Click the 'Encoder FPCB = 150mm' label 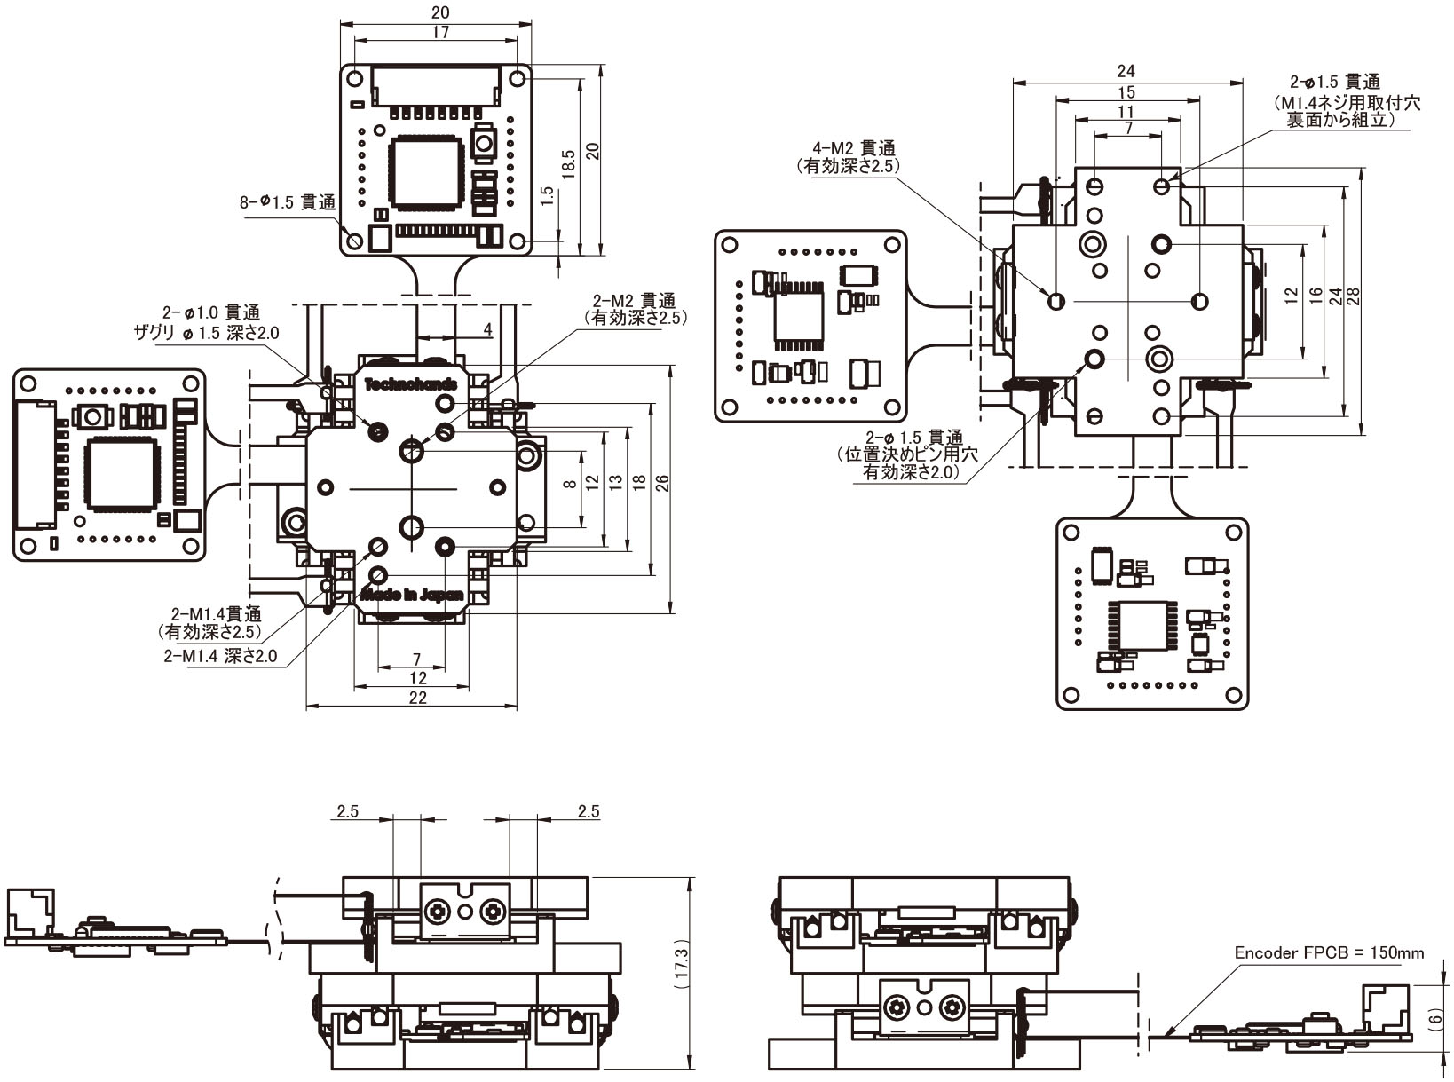1328,953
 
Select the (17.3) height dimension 681,972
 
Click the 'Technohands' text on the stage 410,384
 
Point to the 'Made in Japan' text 410,596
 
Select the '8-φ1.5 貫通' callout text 287,202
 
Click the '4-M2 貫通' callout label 853,147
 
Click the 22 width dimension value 417,698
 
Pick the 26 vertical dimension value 661,484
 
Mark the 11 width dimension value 1126,112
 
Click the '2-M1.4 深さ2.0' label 220,656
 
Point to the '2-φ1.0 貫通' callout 211,312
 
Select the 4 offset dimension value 487,329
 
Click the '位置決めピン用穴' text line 906,454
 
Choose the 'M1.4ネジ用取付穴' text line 1347,103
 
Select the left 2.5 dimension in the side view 347,811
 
